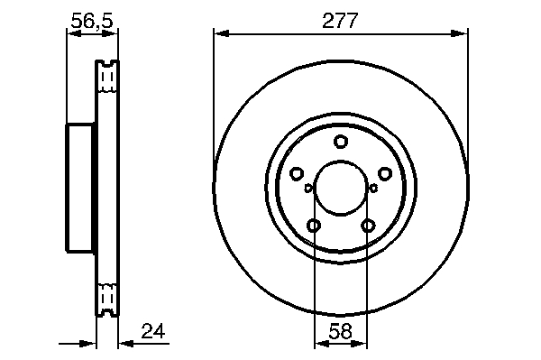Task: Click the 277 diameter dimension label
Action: (x=340, y=21)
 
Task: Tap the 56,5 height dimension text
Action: (x=92, y=21)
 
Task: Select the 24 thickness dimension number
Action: (x=153, y=331)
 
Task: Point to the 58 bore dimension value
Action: (x=340, y=331)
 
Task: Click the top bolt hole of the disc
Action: (x=341, y=142)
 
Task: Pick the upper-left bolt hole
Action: (x=297, y=173)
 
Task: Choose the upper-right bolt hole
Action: (x=385, y=173)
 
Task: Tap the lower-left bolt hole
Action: (x=314, y=226)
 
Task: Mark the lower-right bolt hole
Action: (x=368, y=226)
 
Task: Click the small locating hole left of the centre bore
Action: (x=308, y=188)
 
